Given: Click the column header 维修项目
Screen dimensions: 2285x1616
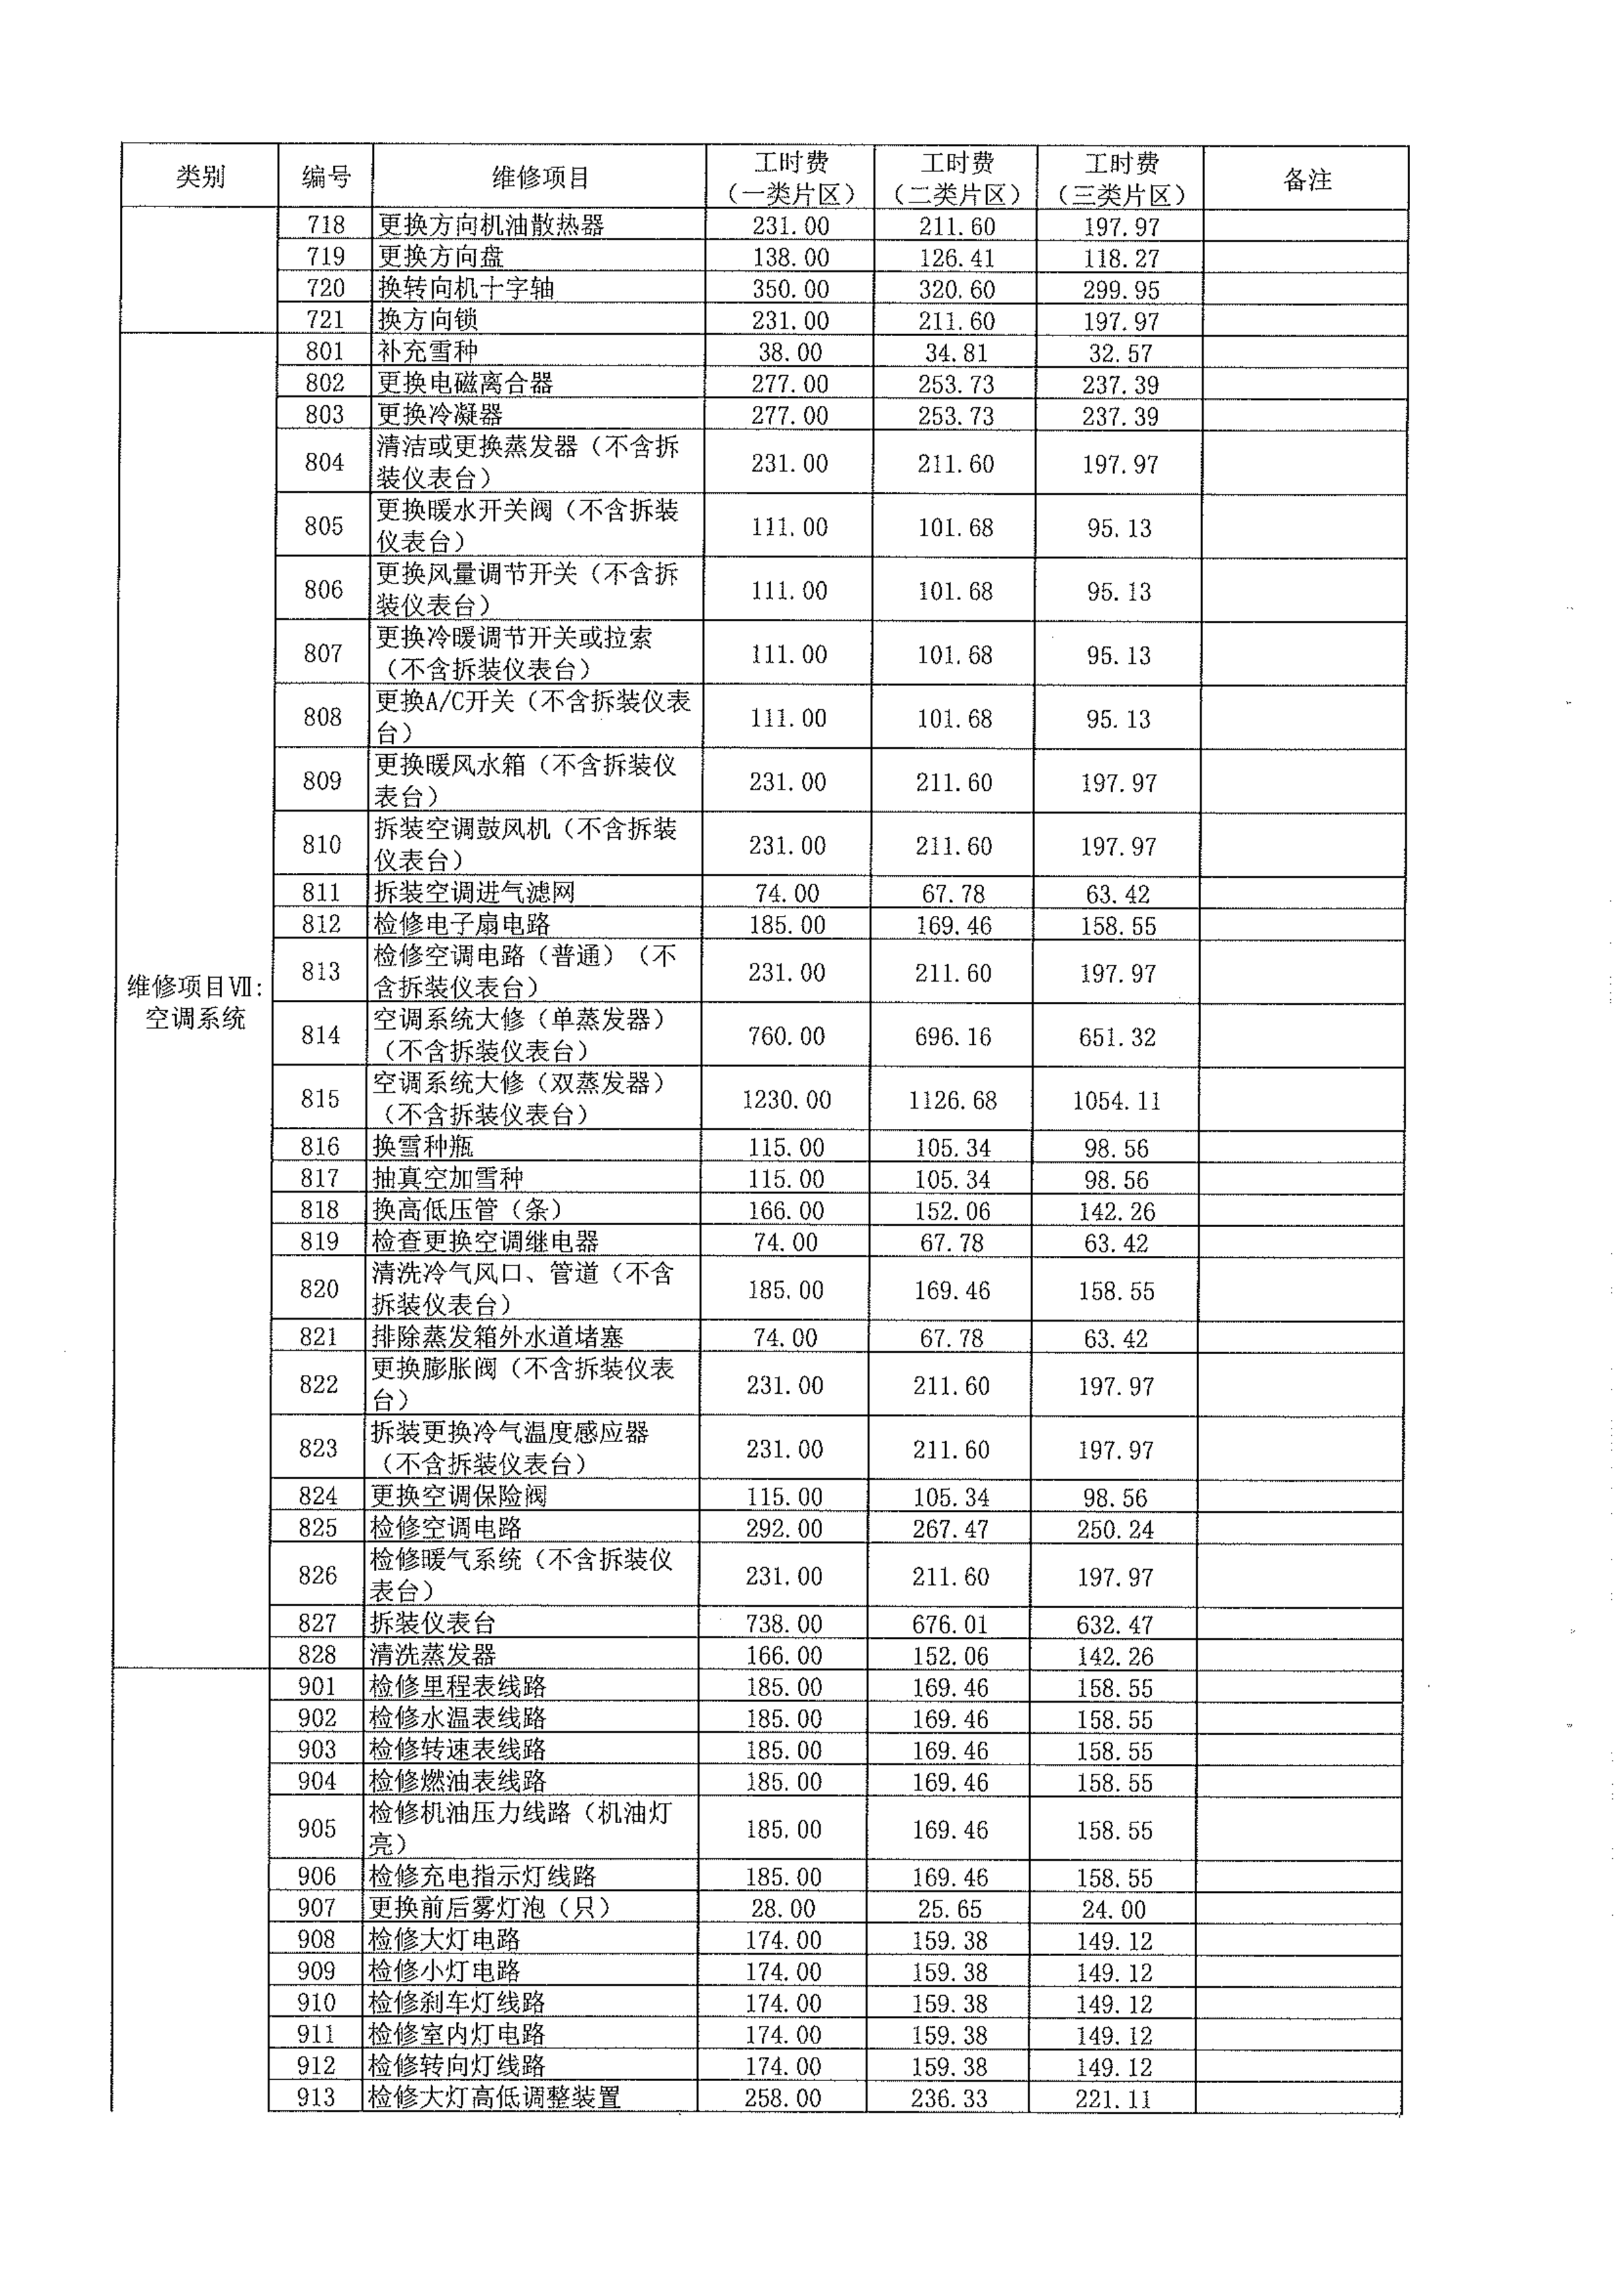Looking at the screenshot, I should pyautogui.click(x=541, y=178).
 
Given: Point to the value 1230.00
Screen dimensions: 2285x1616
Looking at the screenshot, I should pyautogui.click(x=786, y=1100).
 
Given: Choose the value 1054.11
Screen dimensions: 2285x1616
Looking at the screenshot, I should pyautogui.click(x=1116, y=1101).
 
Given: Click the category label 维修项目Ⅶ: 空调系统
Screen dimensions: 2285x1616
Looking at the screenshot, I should pyautogui.click(x=195, y=1002).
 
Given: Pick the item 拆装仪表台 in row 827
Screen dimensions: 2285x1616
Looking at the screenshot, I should pyautogui.click(x=433, y=1623).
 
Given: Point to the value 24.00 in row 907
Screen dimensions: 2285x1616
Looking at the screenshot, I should pyautogui.click(x=1114, y=1909).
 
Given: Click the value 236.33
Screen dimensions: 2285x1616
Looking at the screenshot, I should pyautogui.click(x=948, y=2098).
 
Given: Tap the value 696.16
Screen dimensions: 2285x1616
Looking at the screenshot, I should pyautogui.click(x=952, y=1037).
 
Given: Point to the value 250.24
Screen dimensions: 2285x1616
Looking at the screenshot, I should pyautogui.click(x=1114, y=1529).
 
